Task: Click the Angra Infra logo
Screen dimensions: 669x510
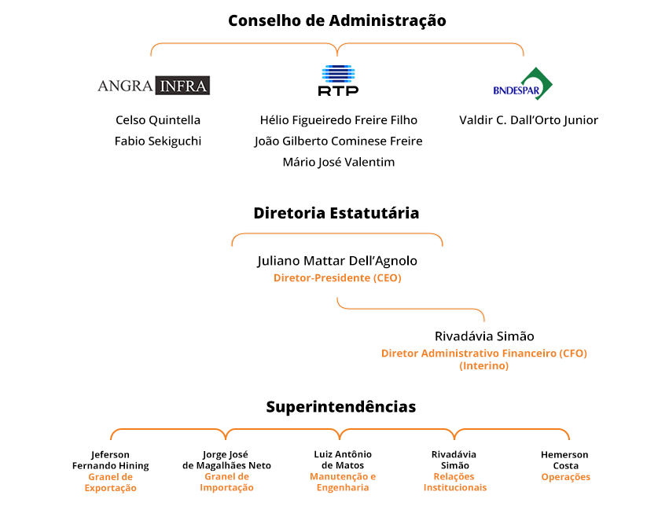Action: pos(153,86)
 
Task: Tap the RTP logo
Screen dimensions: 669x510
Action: pos(338,80)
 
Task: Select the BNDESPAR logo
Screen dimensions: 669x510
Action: pos(523,83)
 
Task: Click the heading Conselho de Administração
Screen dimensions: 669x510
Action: pos(337,20)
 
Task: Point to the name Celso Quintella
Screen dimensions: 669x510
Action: pos(158,120)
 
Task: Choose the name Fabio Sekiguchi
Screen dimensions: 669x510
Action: pos(158,141)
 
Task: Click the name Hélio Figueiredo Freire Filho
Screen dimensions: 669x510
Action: pos(339,120)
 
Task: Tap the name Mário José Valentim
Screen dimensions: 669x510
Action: pos(339,162)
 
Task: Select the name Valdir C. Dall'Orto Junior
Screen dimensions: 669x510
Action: pos(528,120)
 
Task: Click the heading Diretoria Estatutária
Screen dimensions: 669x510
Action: pos(336,213)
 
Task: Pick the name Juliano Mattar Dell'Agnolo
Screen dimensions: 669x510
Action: pos(337,261)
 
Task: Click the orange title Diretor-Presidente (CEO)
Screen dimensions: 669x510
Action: pos(337,278)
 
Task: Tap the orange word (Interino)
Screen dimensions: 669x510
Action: pos(483,366)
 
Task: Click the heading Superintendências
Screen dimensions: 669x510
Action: pos(341,407)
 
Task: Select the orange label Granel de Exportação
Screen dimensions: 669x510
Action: pos(111,482)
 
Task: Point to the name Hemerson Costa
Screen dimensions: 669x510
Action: pos(565,460)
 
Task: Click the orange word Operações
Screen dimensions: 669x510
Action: pos(566,477)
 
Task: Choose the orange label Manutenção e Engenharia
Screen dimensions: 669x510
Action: pos(343,482)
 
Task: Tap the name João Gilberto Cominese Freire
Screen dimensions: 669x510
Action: pos(338,141)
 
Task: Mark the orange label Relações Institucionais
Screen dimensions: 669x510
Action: pos(455,482)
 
